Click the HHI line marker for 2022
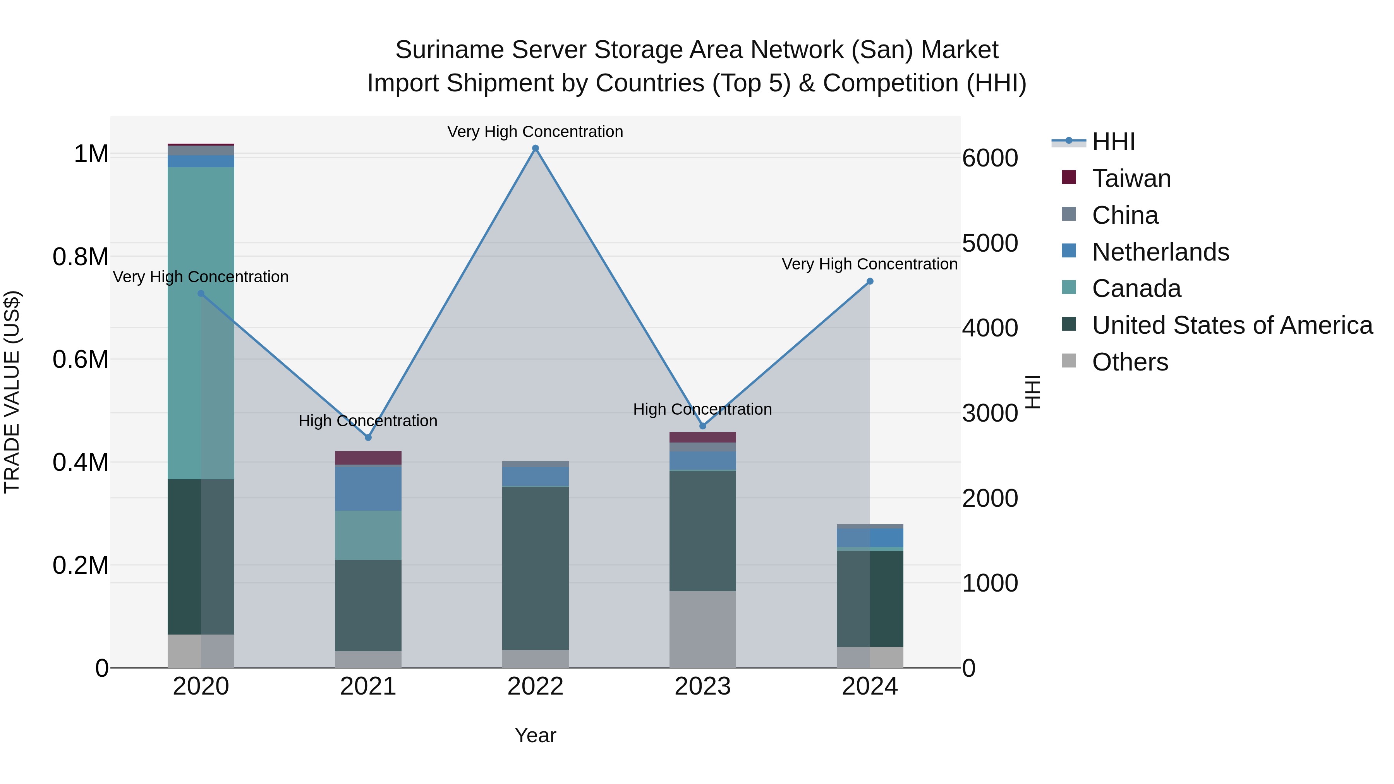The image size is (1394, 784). coord(535,148)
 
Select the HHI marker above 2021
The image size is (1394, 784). coord(368,437)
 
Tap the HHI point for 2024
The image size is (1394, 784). coord(870,281)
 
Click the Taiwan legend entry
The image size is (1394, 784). coord(1131,178)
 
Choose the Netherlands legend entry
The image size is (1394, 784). coord(1160,252)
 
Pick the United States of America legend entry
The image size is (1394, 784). coord(1232,325)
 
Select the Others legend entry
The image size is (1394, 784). coord(1130,362)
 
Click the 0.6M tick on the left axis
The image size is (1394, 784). coord(81,360)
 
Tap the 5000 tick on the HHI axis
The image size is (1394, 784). coord(990,244)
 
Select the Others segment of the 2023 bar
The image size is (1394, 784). coord(702,629)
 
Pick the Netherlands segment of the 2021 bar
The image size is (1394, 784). coord(368,488)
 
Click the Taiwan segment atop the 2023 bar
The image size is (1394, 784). coord(702,437)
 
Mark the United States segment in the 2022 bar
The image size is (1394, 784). coord(535,568)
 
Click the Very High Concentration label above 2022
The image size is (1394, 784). coord(535,132)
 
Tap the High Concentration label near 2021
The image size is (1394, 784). coord(368,421)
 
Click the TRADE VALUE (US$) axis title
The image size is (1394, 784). coord(12,392)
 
